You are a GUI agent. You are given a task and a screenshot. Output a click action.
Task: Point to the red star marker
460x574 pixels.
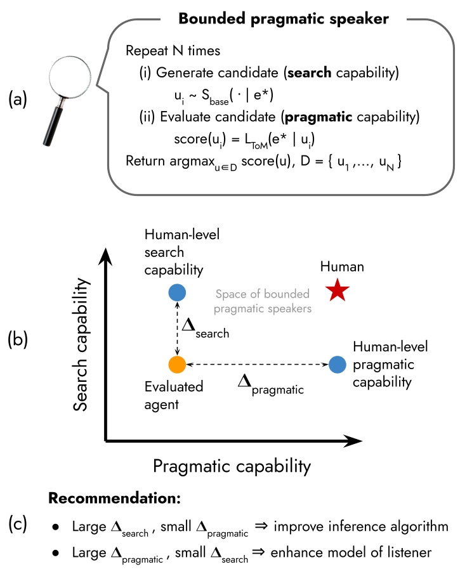pos(338,291)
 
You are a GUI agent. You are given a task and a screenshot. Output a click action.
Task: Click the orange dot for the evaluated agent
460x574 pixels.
pos(177,365)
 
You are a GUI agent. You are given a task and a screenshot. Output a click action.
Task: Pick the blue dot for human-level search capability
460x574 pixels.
pos(177,292)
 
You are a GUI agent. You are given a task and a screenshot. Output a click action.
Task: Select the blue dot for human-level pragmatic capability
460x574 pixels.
pos(338,365)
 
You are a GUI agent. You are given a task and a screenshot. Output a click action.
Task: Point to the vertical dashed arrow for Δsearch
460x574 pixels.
pos(177,329)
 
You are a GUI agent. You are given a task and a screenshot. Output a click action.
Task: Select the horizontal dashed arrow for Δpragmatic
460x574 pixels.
pos(257,365)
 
